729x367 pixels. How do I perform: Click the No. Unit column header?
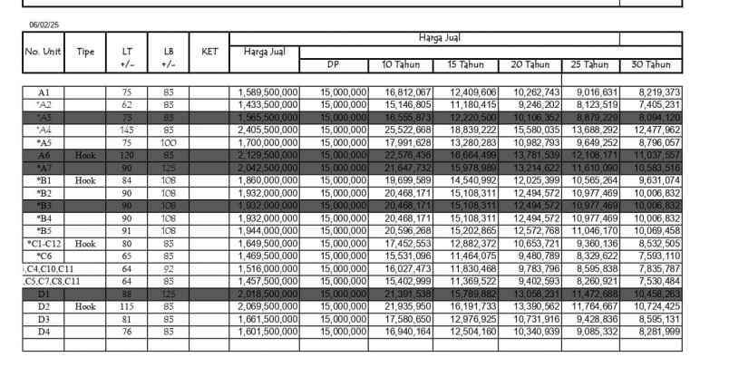[43, 52]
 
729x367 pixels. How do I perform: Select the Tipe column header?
[85, 52]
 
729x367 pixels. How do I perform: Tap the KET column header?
[209, 52]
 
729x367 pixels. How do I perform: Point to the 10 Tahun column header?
[400, 65]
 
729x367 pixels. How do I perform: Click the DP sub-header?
[333, 65]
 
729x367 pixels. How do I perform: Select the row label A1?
[44, 92]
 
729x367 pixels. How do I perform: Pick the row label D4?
[44, 332]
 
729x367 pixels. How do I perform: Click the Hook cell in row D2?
[85, 307]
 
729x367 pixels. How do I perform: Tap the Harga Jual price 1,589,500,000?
[268, 92]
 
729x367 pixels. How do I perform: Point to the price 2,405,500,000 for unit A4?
[268, 130]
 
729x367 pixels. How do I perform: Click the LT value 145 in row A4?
[126, 130]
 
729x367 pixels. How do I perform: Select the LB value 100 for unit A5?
[168, 143]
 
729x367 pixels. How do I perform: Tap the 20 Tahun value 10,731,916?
[535, 319]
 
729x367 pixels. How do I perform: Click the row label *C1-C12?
[43, 244]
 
